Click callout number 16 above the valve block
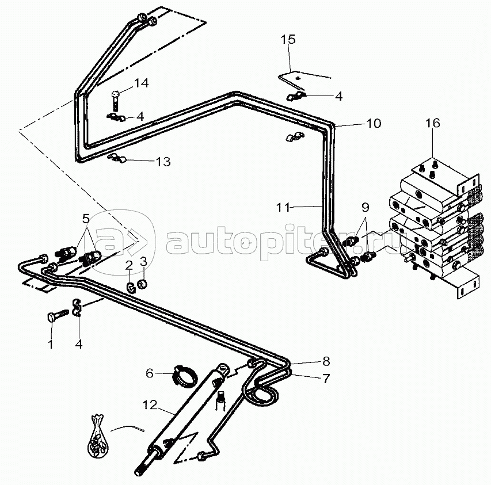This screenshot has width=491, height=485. (432, 123)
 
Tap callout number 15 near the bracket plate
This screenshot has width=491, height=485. (288, 40)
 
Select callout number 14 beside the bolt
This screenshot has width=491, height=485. (141, 83)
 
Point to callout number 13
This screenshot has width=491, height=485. (163, 162)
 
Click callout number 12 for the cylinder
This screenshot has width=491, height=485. (150, 405)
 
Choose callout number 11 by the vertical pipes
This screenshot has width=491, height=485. (283, 208)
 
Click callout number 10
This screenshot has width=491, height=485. (374, 123)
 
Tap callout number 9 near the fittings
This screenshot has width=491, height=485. (365, 207)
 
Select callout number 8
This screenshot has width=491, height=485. (326, 361)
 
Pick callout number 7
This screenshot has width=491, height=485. (326, 379)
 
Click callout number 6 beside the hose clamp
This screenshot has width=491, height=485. (150, 373)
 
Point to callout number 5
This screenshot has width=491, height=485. (86, 219)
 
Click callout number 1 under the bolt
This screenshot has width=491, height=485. (51, 344)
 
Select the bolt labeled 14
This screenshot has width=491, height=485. (116, 100)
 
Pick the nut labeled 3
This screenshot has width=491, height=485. (143, 284)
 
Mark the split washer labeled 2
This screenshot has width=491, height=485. (131, 287)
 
